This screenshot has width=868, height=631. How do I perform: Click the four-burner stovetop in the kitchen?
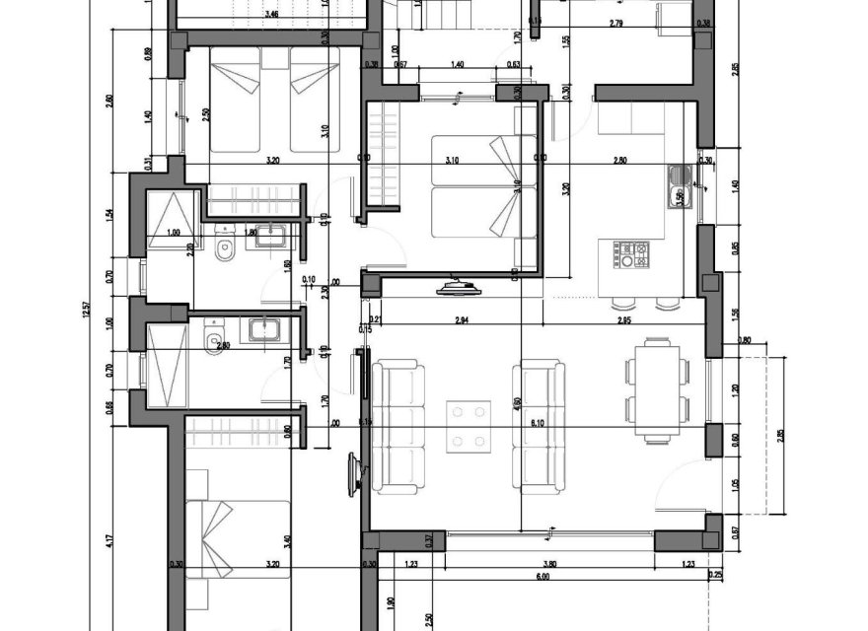point(631,255)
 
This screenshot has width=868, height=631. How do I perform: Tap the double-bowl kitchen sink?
point(680,185)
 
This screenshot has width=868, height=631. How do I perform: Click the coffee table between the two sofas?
point(470,425)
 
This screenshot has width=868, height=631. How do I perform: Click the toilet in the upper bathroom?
point(224,253)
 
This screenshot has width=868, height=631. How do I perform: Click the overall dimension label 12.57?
point(88,315)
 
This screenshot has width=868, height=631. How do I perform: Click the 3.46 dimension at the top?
point(271,16)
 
